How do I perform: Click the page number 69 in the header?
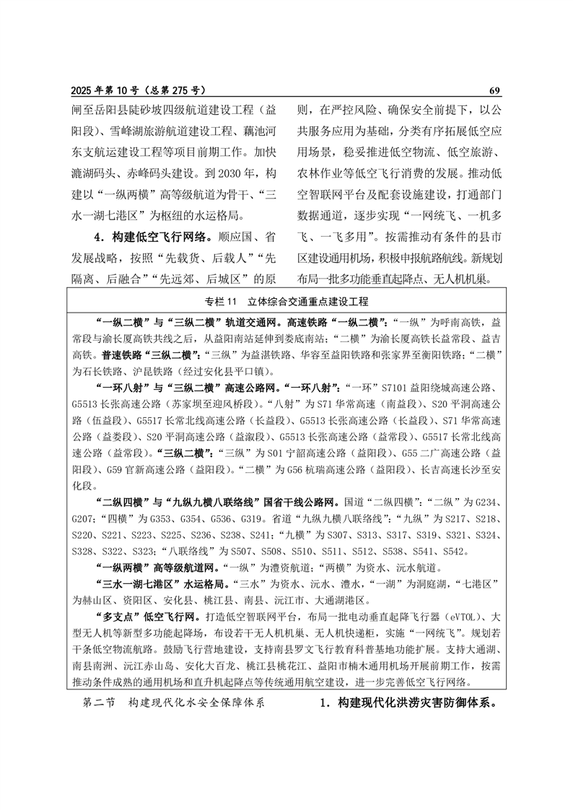point(494,91)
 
